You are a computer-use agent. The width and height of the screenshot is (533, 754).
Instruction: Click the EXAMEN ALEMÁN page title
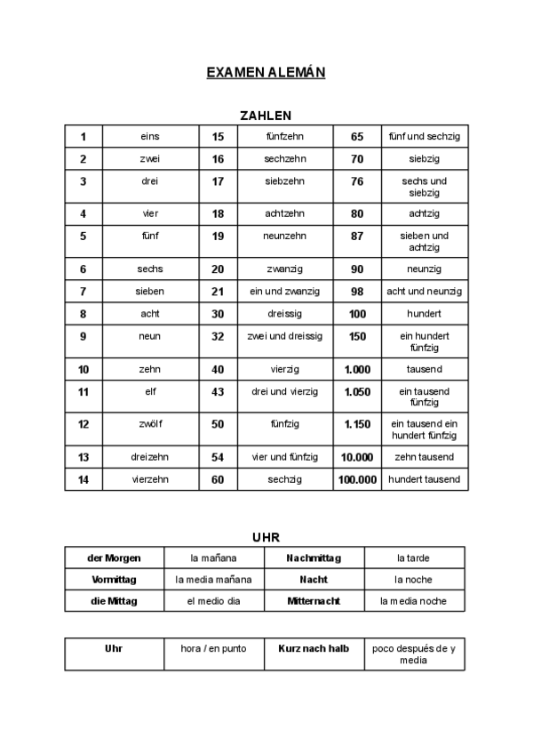click(x=266, y=71)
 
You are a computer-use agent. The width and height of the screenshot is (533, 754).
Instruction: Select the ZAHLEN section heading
click(x=266, y=116)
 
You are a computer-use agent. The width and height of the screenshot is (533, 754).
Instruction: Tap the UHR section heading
click(x=266, y=538)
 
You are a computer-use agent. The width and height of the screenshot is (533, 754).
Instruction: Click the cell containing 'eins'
click(x=150, y=136)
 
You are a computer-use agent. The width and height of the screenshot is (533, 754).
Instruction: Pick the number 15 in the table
click(x=218, y=136)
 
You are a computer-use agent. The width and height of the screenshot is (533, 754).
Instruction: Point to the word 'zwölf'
click(x=150, y=424)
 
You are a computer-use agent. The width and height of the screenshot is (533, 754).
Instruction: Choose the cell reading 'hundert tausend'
click(x=424, y=479)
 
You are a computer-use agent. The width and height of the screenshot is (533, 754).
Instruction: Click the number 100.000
click(x=357, y=479)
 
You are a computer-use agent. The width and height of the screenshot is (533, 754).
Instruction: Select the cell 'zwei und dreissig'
click(x=285, y=336)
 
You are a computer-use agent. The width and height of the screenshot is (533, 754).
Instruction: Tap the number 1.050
click(x=357, y=391)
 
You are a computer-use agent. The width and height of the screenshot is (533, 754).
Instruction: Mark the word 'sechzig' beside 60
click(x=285, y=479)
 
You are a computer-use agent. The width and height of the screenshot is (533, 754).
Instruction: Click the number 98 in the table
click(x=357, y=291)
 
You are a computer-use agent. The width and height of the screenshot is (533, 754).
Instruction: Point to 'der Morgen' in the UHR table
click(x=114, y=557)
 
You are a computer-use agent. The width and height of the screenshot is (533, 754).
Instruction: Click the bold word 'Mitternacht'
click(x=314, y=601)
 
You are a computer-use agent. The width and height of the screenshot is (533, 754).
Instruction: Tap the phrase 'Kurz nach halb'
click(x=314, y=648)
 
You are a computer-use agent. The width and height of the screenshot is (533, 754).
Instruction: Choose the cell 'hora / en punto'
click(x=213, y=648)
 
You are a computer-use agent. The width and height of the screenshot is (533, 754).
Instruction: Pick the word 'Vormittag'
click(x=114, y=579)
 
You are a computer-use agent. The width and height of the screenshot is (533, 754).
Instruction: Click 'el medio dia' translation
click(x=213, y=601)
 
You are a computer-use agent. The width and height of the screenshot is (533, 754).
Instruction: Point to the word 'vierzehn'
click(x=150, y=479)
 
